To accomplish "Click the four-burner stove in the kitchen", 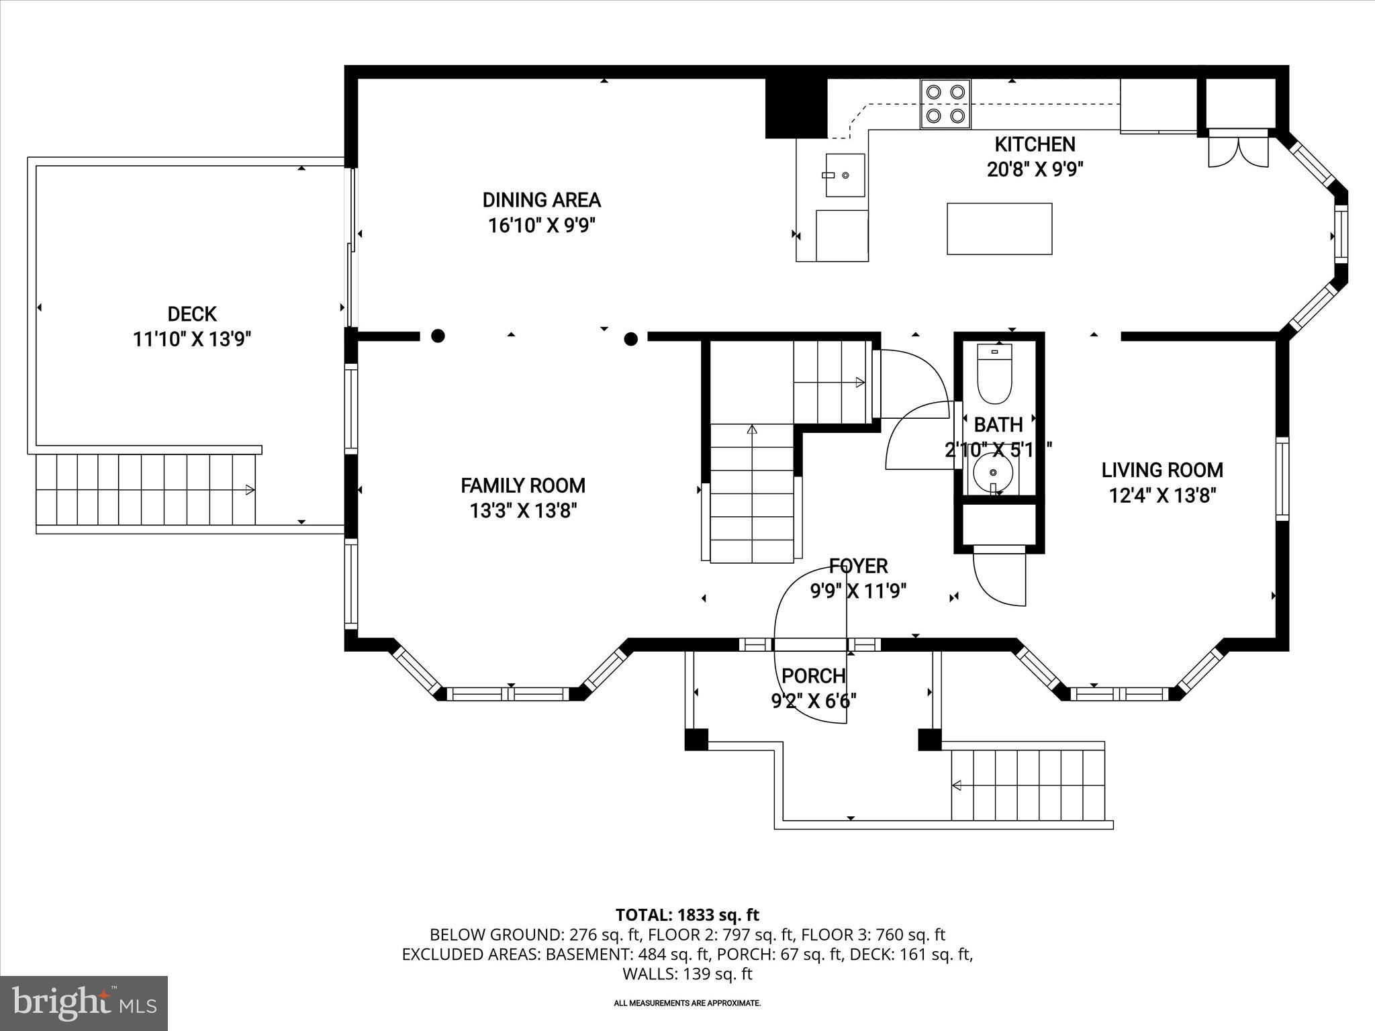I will coord(946,104).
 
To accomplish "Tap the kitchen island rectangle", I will coord(999,229).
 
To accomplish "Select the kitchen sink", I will coord(845,175).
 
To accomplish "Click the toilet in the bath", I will coord(994,376).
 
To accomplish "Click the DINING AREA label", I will coord(541,200).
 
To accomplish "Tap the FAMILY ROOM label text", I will coord(522,485).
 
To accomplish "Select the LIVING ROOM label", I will coord(1161,470).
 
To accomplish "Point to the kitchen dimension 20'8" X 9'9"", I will coord(1035,169).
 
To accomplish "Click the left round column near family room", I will coord(438,336).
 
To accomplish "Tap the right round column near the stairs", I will coord(630,339).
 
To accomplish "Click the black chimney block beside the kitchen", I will coord(796,107).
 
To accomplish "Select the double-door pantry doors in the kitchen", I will coord(1238,152).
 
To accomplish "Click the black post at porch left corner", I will coord(696,739).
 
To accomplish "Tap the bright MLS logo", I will coord(84,1003).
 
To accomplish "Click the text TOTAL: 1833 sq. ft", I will coord(687,915).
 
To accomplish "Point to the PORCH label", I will coord(813,676).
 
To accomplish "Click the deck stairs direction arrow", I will coord(250,490).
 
